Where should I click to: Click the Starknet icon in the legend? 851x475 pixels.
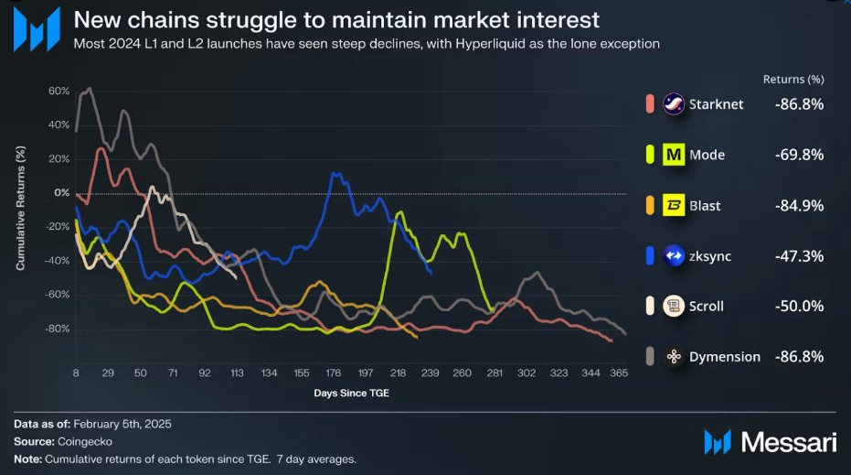coord(674,104)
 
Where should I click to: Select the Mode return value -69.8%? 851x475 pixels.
coord(800,155)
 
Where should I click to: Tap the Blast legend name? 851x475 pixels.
coord(706,206)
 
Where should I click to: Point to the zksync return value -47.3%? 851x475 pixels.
coord(800,256)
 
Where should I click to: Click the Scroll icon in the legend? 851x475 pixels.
coord(674,307)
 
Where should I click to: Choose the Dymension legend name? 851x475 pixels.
coord(725,357)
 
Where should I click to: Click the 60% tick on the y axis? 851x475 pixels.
coord(59,92)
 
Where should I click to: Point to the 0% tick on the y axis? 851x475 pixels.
coord(62,193)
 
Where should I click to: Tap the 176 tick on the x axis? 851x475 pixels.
coord(334,374)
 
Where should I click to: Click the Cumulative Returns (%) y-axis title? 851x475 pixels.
coord(20,210)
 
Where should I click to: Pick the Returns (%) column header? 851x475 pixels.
coord(793,80)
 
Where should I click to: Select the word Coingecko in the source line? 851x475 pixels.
coord(88,441)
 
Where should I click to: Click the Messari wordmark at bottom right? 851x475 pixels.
coord(788,442)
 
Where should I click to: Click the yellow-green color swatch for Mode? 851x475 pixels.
coord(649,155)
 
